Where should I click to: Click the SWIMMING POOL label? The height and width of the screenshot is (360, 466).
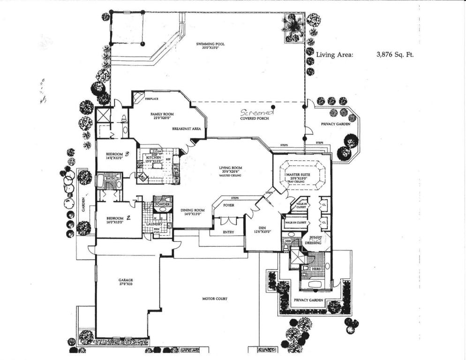210,44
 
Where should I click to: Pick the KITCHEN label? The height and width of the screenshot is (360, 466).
155,158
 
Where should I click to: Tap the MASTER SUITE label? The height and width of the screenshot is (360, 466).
300,174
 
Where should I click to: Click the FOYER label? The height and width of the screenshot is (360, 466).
229,205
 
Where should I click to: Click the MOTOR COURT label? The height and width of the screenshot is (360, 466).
215,298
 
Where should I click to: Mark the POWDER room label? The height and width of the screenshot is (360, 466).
162,204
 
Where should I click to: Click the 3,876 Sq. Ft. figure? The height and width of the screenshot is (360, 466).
395,55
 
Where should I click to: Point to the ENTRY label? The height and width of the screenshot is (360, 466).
227,232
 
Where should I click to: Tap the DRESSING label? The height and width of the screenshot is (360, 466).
313,243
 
